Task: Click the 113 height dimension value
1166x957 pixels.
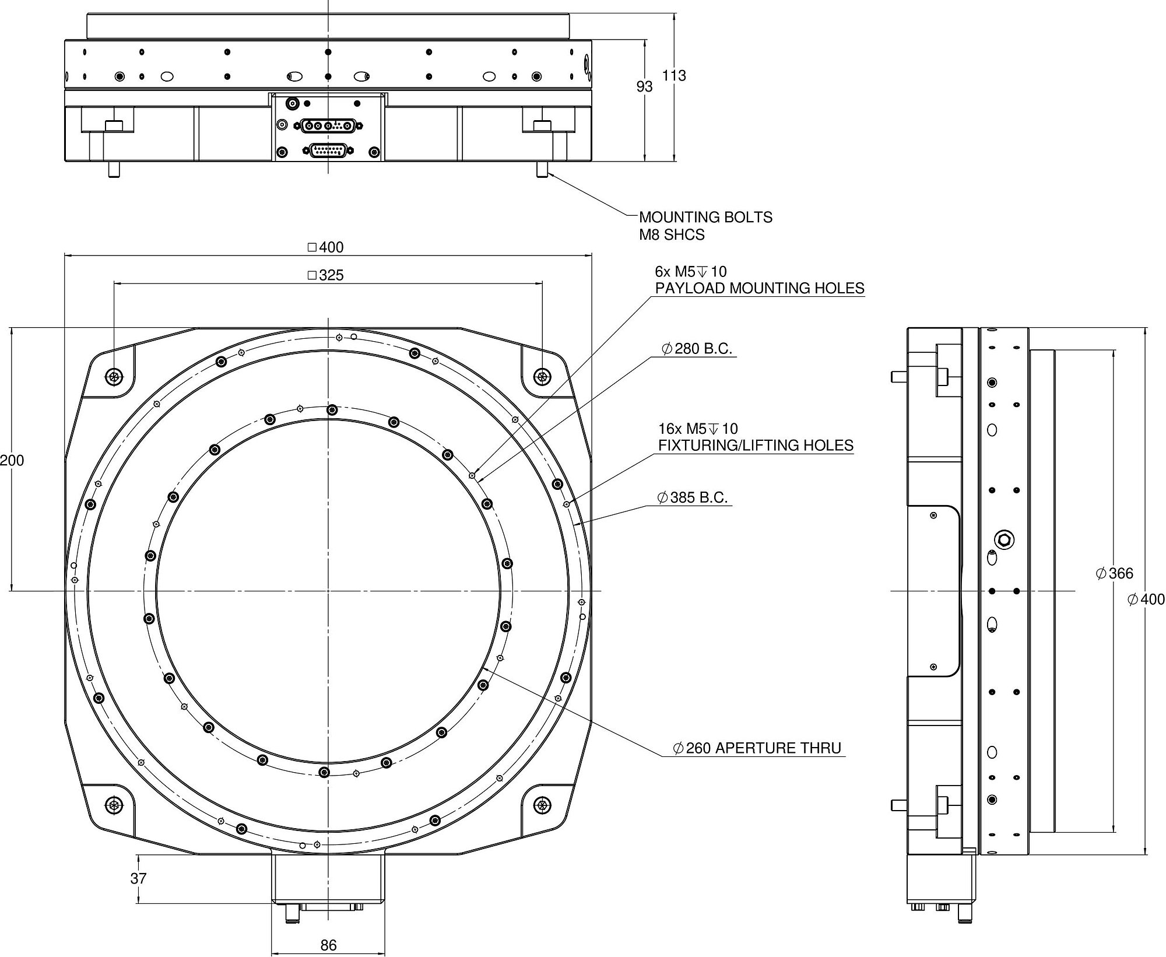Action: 674,76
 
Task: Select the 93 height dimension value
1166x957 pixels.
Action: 644,87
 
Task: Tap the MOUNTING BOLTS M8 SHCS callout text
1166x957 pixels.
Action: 705,226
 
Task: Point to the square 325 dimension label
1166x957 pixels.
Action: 326,275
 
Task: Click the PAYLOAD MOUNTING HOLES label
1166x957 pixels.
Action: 759,288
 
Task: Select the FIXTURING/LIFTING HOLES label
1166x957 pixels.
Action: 756,446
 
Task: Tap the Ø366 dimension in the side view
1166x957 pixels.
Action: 1114,574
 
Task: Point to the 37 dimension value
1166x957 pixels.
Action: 138,878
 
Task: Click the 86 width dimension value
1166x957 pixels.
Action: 328,945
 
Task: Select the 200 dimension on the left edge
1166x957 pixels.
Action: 12,461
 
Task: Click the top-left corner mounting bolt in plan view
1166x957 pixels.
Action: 114,377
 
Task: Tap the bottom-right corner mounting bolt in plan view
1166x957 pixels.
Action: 543,805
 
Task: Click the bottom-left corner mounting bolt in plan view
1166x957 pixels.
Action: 114,805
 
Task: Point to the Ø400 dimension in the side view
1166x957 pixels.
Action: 1146,600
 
